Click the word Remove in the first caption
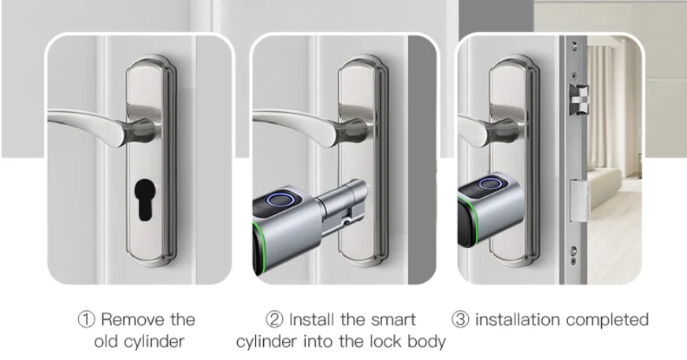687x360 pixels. tap(128, 321)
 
